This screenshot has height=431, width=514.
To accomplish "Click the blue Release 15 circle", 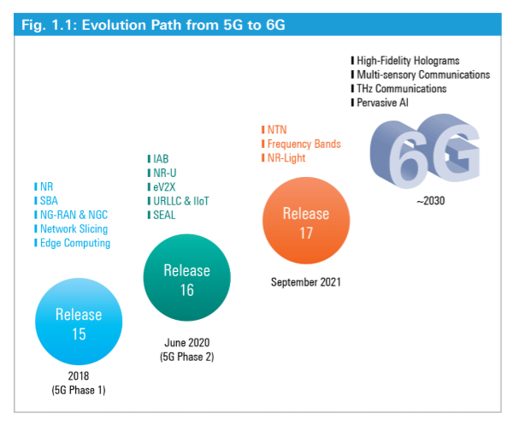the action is point(79,322).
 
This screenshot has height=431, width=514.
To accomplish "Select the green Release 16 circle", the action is point(186,278).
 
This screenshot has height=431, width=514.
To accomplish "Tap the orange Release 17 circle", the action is point(306,221).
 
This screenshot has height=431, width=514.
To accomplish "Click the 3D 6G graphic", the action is point(425,151).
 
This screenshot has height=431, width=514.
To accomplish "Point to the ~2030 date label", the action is point(431,201).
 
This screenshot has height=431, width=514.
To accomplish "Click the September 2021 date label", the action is point(306,282).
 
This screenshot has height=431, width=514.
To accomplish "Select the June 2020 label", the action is point(186,343).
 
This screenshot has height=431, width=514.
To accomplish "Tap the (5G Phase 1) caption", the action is point(79,390).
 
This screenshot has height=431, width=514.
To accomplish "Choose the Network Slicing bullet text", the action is point(74,229).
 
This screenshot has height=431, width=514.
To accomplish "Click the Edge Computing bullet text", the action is point(75,243).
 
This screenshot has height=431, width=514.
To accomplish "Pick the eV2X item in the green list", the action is point(164,186).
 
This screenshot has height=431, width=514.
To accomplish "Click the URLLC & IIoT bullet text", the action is point(181,201).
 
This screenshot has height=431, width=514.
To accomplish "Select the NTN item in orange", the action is point(277,130).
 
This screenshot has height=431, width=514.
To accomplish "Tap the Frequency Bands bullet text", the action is point(304,144).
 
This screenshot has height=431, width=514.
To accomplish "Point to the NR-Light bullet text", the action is point(287,158).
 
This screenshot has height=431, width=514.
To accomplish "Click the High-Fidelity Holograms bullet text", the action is point(408,61).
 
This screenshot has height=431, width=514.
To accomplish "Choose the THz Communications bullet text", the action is point(402,88).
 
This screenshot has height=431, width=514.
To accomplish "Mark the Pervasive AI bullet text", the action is point(382,103).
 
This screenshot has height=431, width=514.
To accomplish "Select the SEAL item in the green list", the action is point(164,215).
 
